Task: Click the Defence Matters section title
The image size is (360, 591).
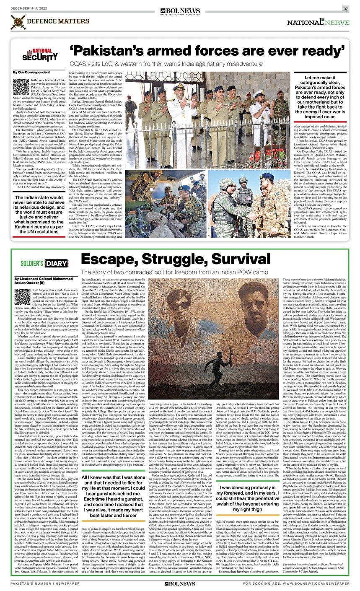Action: pyautogui.click(x=52, y=21)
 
